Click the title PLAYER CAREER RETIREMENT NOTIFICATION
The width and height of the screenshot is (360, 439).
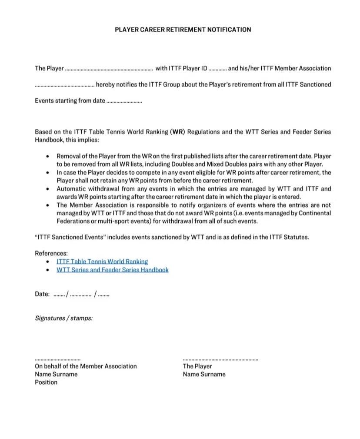pyautogui.click(x=183, y=30)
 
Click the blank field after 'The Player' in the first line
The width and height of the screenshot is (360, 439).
pyautogui.click(x=109, y=69)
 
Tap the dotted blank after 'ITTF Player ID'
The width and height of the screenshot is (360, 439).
pyautogui.click(x=217, y=69)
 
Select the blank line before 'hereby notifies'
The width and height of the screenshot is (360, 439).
pyautogui.click(x=64, y=85)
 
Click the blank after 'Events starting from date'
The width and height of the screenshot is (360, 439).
pyautogui.click(x=124, y=101)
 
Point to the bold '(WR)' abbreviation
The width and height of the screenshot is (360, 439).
pyautogui.click(x=177, y=132)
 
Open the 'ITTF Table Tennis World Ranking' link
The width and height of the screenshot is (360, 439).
pyautogui.click(x=102, y=261)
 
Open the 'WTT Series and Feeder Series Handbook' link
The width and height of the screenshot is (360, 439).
pyautogui.click(x=112, y=270)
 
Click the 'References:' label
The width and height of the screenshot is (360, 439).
pyautogui.click(x=51, y=253)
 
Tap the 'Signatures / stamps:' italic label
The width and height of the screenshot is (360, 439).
pyautogui.click(x=63, y=318)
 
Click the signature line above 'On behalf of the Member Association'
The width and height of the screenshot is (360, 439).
pyautogui.click(x=57, y=359)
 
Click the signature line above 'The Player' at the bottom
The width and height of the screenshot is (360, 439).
pyautogui.click(x=220, y=359)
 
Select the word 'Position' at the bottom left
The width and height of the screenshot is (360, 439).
pyautogui.click(x=46, y=382)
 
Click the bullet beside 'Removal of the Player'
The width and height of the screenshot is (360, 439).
pyautogui.click(x=47, y=156)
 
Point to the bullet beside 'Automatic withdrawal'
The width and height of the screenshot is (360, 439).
pyautogui.click(x=47, y=189)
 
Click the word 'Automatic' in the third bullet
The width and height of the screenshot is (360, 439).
pyautogui.click(x=70, y=189)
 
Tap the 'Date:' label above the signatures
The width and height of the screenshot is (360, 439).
pyautogui.click(x=42, y=294)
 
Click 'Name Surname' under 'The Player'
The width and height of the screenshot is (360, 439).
pyautogui.click(x=204, y=374)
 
